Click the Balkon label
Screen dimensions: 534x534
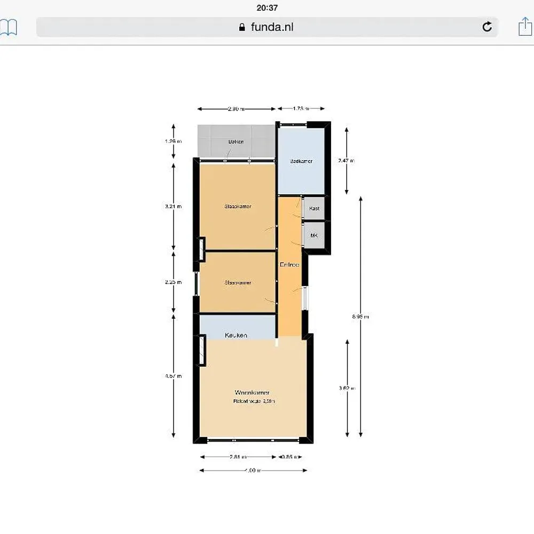click(236, 142)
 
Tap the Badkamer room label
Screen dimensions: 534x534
click(301, 161)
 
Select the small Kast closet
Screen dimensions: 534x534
click(314, 208)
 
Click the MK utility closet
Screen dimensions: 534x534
click(314, 235)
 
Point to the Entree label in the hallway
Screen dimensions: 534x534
click(289, 264)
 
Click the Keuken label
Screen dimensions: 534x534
click(236, 335)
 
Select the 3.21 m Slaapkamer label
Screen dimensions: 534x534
click(238, 206)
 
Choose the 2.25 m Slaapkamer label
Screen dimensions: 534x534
click(238, 282)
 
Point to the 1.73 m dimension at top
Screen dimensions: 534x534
click(301, 109)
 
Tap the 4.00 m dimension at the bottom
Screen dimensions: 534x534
click(253, 470)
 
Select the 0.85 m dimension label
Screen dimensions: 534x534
click(290, 457)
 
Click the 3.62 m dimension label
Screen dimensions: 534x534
click(348, 388)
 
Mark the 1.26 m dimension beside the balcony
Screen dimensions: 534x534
click(174, 142)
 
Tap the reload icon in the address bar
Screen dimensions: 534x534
click(487, 27)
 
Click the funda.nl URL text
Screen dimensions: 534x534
click(272, 27)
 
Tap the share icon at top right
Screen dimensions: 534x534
click(525, 26)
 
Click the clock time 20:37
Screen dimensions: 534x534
click(267, 7)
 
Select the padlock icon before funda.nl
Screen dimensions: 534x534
click(242, 27)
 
